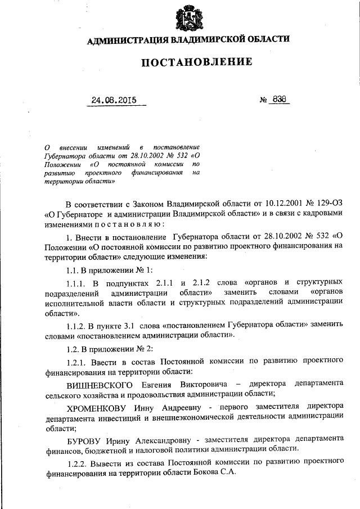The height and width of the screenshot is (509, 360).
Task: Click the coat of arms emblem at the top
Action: [x=190, y=18]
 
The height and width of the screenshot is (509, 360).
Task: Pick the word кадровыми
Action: [x=321, y=214]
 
